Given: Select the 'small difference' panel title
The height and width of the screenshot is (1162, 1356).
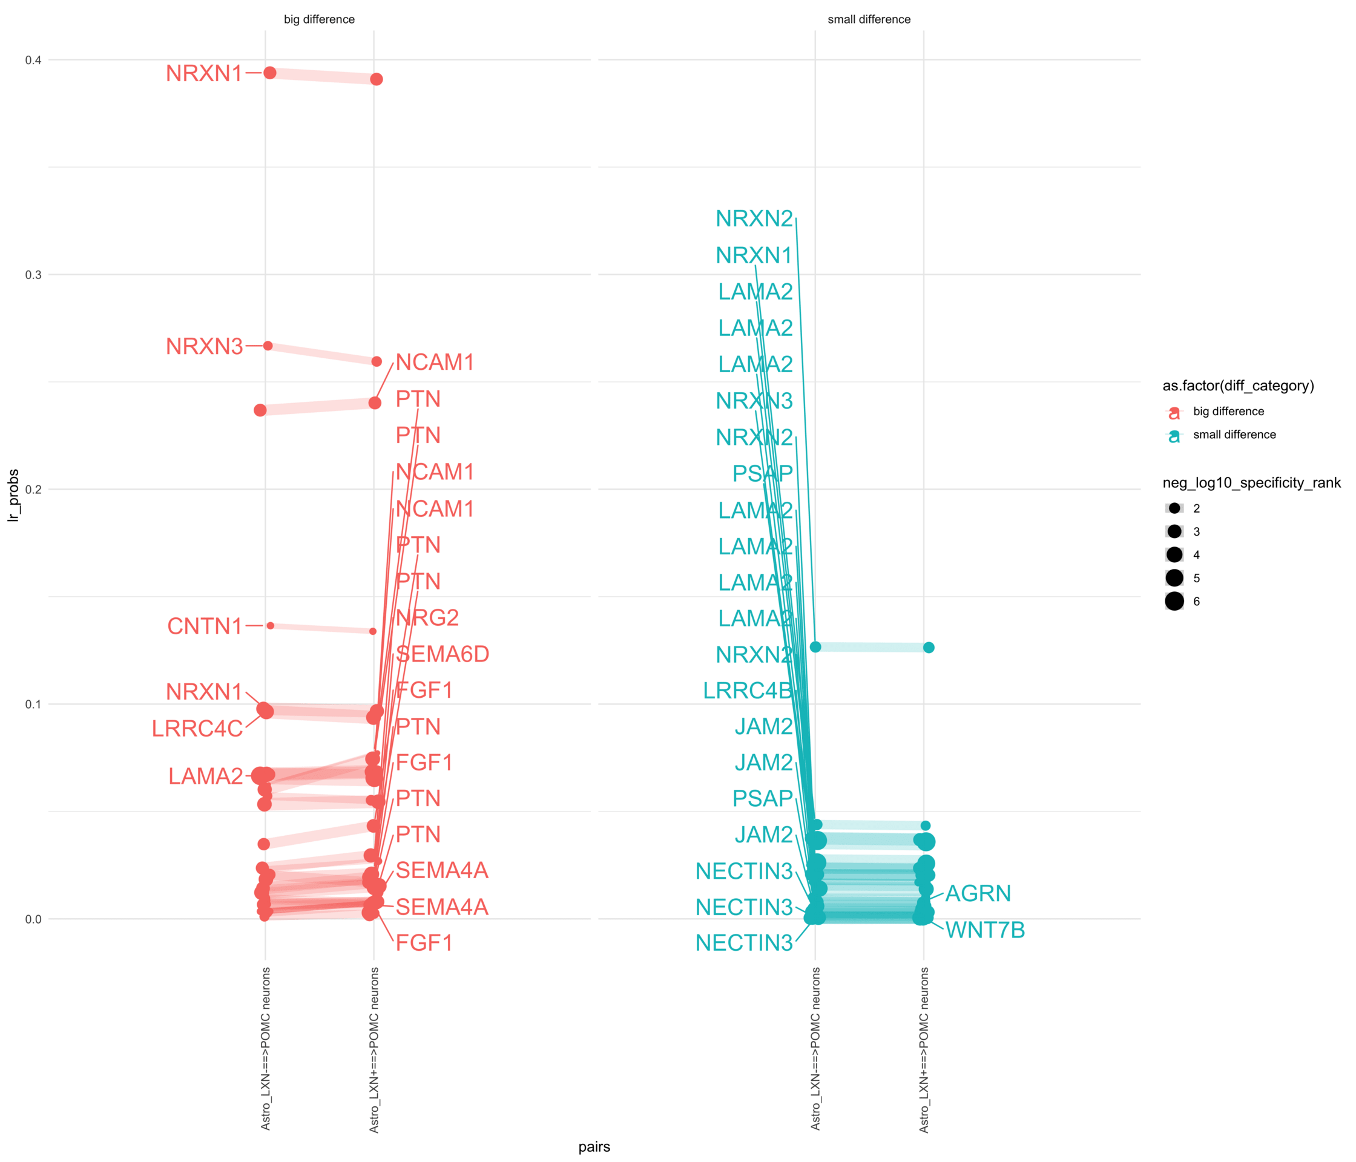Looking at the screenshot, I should pos(869,19).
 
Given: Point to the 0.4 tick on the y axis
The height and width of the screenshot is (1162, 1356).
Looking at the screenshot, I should pos(33,60).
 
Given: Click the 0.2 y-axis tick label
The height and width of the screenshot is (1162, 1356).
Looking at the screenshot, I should pos(33,490).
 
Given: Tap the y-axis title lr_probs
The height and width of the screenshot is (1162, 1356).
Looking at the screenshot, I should pos(13,495).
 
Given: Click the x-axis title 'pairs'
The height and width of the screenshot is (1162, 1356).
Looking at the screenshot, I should pos(594,1146).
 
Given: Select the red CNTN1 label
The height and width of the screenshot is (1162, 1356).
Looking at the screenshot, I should pos(205,626).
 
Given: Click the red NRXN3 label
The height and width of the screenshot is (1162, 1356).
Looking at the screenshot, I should pos(204,346).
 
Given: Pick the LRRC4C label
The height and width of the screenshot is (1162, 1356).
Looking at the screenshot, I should pos(197,728).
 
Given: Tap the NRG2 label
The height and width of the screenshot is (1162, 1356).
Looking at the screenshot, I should pos(427,618).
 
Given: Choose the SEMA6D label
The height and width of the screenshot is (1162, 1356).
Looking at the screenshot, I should pos(443,654).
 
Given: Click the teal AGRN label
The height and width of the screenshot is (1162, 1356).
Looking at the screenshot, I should pos(978,893).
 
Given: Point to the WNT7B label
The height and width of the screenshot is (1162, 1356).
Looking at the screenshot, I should pos(985,930).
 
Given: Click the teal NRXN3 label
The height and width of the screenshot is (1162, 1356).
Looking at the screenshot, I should pos(754,401).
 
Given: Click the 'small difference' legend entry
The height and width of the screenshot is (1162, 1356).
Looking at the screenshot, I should pos(1234,435).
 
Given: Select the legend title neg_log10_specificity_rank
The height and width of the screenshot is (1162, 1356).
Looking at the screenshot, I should pos(1251,483).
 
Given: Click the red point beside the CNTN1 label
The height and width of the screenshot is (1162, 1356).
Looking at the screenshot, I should pos(270,626).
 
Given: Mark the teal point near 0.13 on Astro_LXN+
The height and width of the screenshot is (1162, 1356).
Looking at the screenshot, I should pos(929,647).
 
